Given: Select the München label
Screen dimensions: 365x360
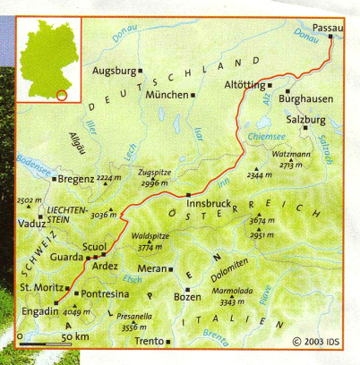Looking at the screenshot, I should [167, 94].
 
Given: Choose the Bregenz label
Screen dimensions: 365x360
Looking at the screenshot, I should [77, 179].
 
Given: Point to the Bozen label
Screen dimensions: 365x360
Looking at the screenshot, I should [187, 295].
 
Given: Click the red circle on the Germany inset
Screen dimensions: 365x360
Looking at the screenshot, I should [61, 94].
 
